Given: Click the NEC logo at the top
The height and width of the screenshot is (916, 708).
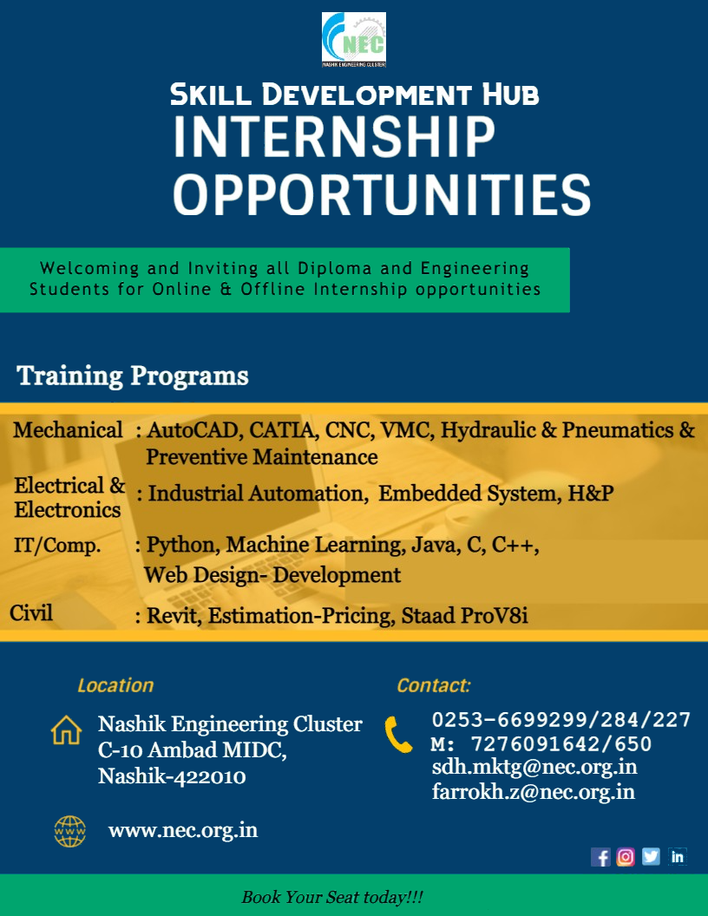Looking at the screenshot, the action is point(353,40).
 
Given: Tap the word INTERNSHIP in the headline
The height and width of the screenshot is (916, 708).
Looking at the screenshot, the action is point(334,137).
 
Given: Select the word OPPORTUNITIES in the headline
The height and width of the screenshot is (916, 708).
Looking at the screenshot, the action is point(382,195).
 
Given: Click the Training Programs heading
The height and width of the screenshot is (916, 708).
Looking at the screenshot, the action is point(133,376).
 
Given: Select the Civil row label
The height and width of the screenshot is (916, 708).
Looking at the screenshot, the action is point(31,612).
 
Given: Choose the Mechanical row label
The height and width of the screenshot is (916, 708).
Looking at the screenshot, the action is point(68,430).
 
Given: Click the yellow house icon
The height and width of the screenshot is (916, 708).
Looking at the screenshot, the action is point(66,730).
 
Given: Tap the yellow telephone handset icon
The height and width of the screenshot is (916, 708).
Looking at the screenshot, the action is point(398,735).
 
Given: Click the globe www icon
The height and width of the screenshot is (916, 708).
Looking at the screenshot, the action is point(70,831).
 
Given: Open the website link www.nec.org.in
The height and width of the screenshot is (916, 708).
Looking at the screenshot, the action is point(183,831).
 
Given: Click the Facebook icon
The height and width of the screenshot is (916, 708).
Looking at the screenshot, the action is point(600,857).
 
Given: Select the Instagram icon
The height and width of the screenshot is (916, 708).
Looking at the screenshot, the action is point(626,857).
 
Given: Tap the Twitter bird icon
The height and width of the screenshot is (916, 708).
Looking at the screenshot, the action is point(652,857).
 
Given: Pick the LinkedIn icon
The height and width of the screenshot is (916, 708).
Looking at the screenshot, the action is point(677,857).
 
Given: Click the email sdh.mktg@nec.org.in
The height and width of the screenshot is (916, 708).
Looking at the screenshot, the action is point(534,767).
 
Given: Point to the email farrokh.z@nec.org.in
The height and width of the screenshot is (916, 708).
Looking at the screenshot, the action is point(534,792).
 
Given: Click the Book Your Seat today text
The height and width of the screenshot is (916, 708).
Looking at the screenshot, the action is point(332,897).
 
